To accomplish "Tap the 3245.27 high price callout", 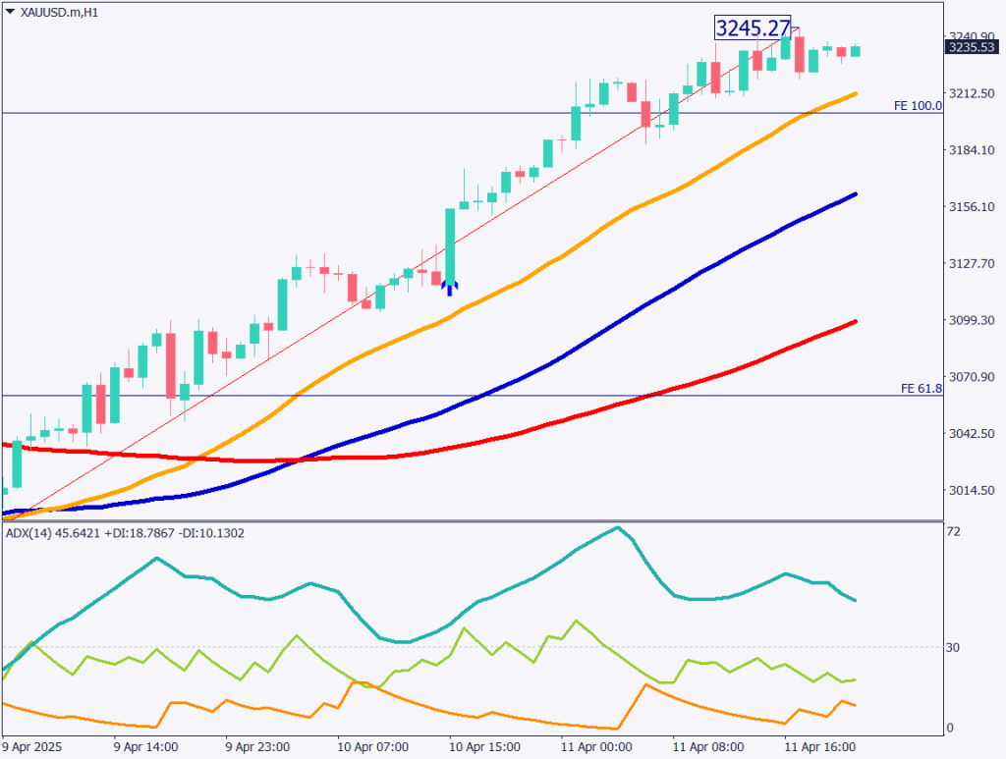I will [753, 28].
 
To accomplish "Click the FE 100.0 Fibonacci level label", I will [918, 105].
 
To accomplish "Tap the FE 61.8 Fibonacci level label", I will [921, 389].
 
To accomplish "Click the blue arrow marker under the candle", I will [449, 287].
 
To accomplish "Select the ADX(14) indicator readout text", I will [125, 533].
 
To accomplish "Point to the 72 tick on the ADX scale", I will [953, 531].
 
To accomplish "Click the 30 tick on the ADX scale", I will [953, 646].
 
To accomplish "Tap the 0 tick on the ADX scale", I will [950, 728].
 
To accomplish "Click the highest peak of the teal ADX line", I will [617, 527].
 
